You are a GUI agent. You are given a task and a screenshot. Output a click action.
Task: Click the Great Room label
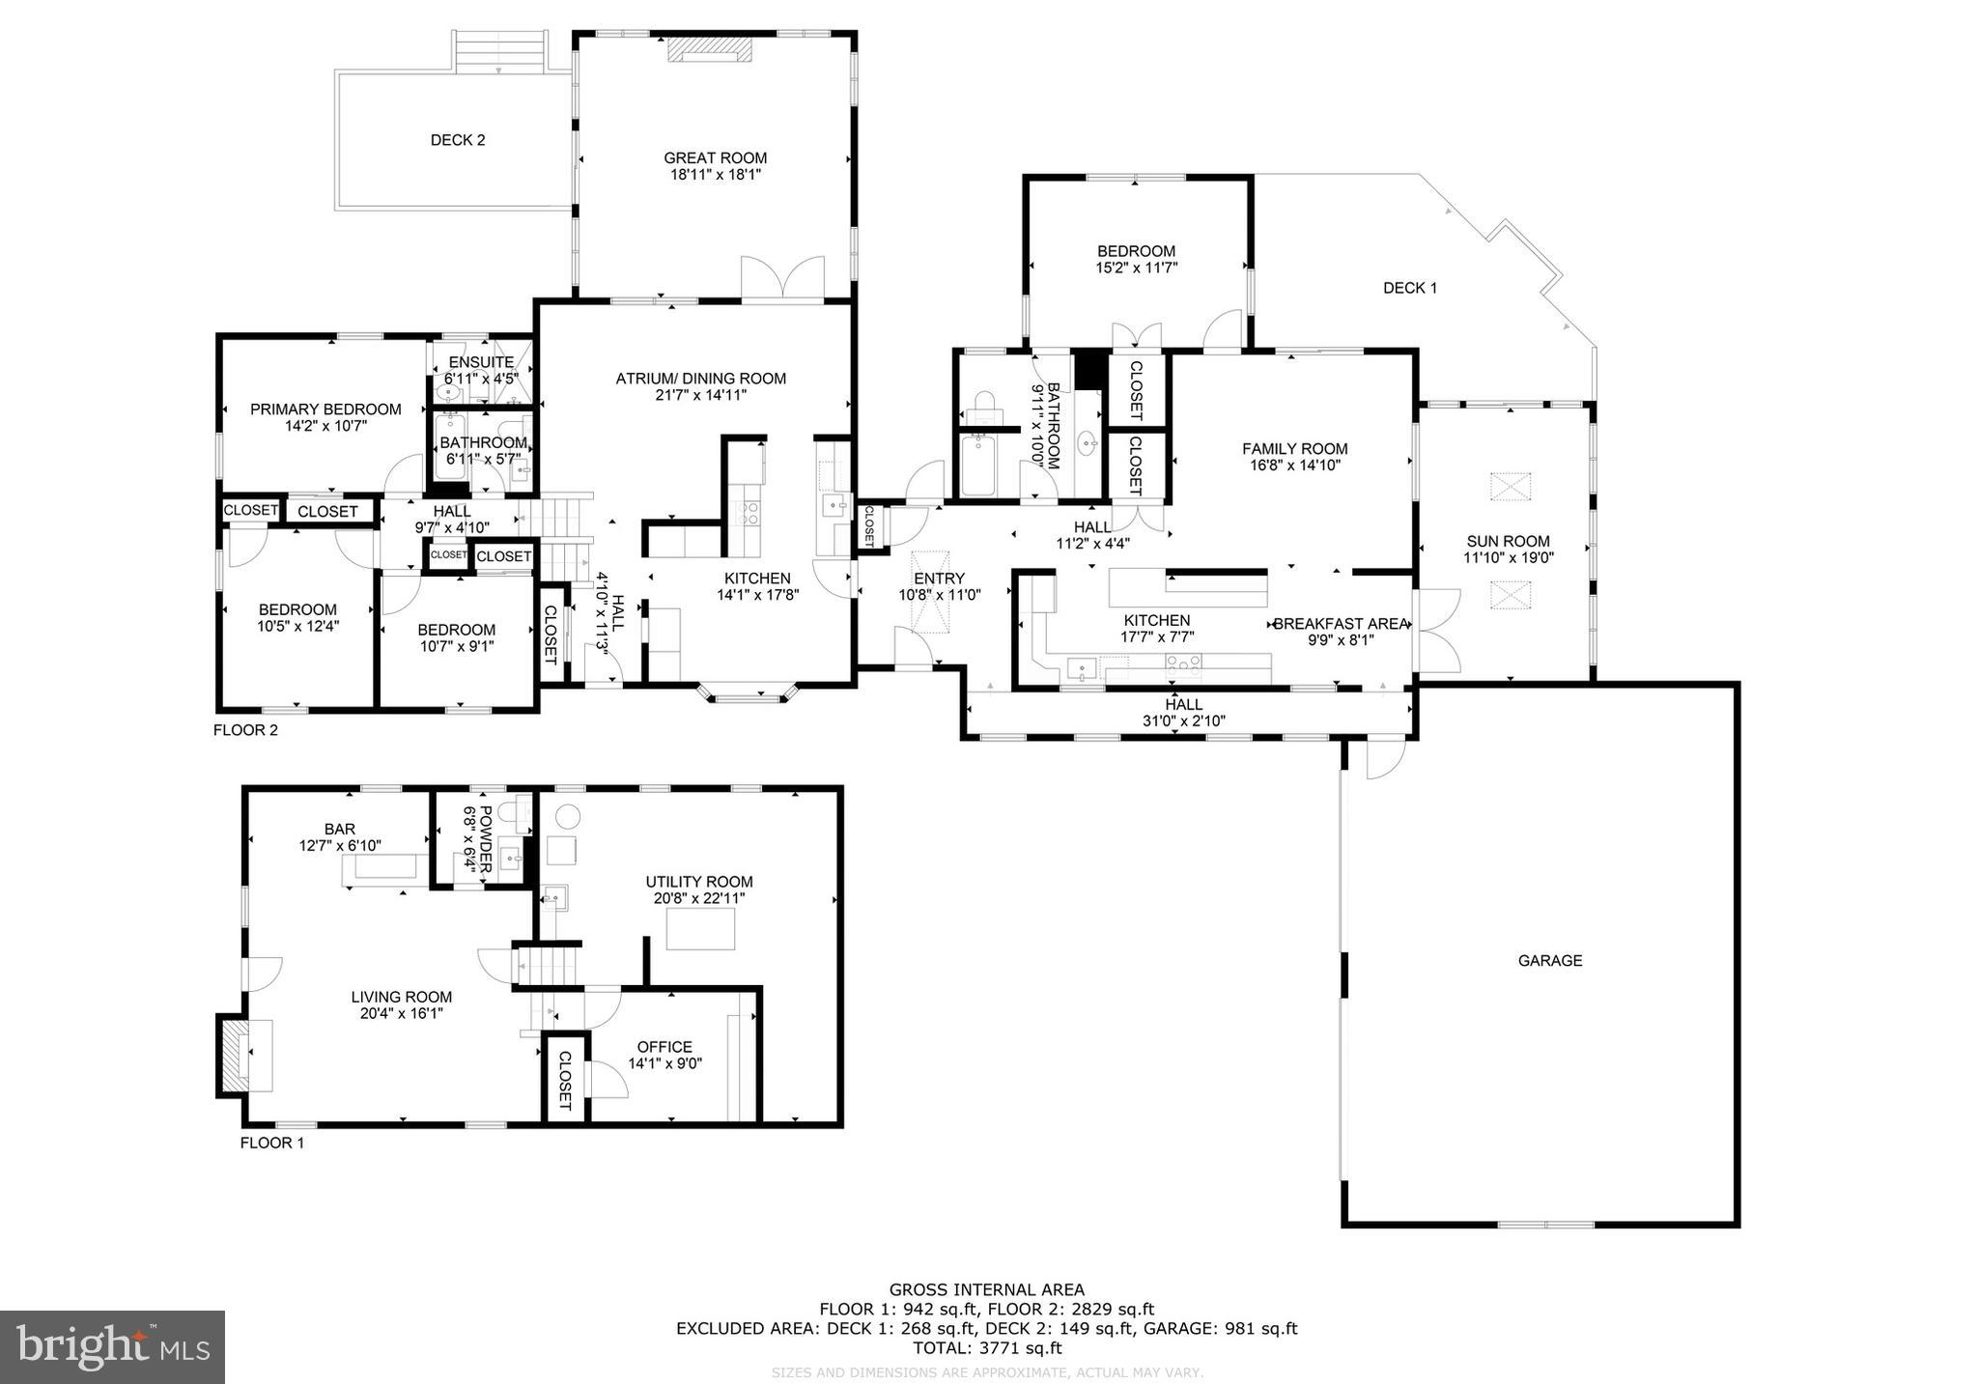(x=715, y=158)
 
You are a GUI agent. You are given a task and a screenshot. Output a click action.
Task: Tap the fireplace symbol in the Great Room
(x=710, y=50)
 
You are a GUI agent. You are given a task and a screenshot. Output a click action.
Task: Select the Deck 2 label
(x=458, y=140)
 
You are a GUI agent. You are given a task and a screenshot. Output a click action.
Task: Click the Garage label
(x=1550, y=960)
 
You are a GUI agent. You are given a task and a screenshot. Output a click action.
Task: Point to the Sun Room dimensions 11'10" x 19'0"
(x=1507, y=557)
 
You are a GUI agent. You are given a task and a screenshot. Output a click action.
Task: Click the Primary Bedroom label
(x=325, y=410)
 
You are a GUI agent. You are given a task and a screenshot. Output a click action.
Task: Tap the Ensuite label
(x=480, y=362)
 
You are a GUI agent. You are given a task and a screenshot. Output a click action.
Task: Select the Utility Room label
(x=699, y=882)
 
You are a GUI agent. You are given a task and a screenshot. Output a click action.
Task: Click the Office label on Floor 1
(x=664, y=1047)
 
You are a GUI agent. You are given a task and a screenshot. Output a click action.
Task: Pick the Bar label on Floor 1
(x=340, y=829)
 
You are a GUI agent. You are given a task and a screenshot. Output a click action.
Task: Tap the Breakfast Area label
(x=1342, y=624)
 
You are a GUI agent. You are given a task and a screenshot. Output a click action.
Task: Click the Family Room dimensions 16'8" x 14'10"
(x=1295, y=465)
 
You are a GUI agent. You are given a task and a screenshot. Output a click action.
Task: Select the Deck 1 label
(x=1409, y=288)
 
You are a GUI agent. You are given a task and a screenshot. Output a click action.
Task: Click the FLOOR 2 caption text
(x=245, y=730)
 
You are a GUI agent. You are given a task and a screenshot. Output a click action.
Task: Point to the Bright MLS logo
(x=112, y=1346)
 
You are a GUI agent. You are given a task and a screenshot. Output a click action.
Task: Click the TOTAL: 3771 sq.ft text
(x=986, y=1347)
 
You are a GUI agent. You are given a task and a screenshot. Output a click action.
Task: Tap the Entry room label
(x=939, y=579)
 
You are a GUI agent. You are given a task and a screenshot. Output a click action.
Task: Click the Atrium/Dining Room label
(x=701, y=379)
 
